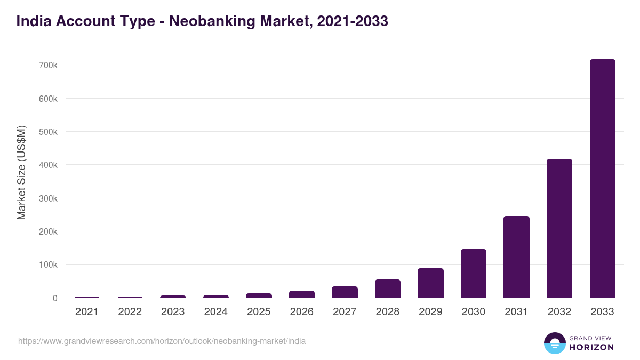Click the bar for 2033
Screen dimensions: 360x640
pos(602,179)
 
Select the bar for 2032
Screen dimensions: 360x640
pos(559,228)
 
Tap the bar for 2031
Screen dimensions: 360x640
pos(516,257)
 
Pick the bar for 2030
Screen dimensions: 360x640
pos(473,274)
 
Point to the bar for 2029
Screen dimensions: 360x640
pos(430,283)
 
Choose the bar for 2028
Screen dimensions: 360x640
pos(387,289)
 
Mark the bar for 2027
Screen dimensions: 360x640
pos(345,292)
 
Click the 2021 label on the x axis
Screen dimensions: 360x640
pos(87,312)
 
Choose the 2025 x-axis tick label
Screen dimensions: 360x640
pos(259,312)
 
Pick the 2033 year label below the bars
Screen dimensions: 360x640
pos(602,312)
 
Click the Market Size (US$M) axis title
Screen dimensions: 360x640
pos(21,172)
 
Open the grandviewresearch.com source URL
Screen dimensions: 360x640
pos(162,341)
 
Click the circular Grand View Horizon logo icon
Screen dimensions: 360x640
pos(554,343)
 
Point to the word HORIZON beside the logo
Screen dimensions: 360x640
pos(591,347)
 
